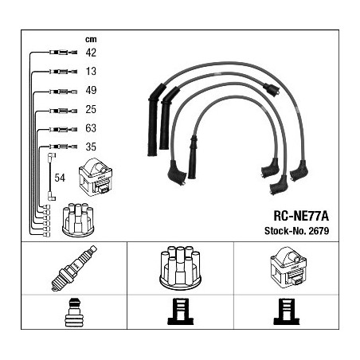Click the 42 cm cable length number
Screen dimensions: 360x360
click(91, 53)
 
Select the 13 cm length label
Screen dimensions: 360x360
click(91, 71)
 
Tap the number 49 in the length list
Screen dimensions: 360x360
click(91, 90)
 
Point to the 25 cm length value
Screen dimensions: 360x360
click(91, 109)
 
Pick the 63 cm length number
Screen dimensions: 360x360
click(91, 128)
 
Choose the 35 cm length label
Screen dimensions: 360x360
click(91, 147)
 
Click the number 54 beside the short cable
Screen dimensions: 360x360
click(60, 178)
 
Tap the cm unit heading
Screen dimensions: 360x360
click(91, 39)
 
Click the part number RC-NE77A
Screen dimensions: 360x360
click(301, 216)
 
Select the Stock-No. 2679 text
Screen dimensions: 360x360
click(296, 231)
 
